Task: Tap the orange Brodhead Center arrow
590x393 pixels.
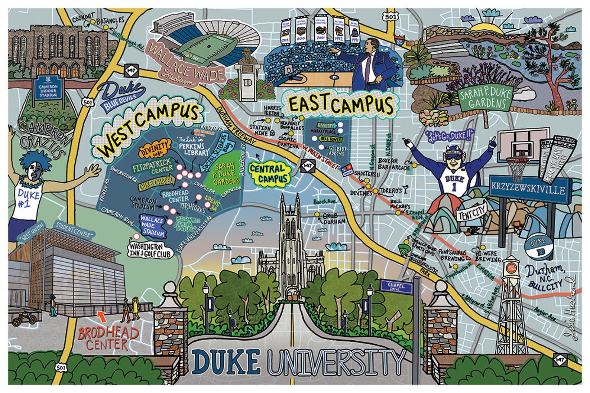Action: [x=101, y=316]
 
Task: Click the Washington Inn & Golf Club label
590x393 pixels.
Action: [x=151, y=250]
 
